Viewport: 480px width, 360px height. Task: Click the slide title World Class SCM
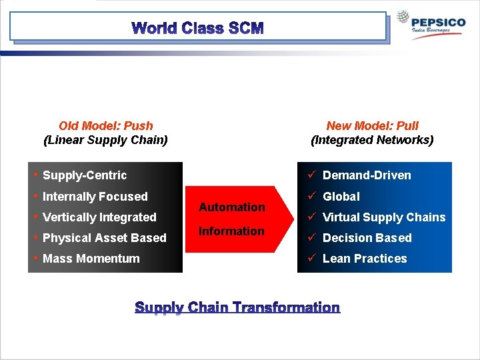pos(198,29)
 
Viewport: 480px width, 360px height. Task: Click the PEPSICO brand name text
pos(439,22)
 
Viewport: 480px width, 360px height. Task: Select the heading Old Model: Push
pos(105,125)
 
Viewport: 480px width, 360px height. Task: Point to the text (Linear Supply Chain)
pos(105,140)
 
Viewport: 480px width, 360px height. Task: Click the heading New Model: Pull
pos(372,125)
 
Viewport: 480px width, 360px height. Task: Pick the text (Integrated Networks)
pos(372,140)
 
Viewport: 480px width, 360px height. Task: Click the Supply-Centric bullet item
pos(84,175)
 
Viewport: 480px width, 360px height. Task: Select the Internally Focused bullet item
pos(95,197)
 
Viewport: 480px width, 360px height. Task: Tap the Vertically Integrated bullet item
pos(99,217)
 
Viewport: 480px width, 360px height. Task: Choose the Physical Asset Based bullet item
pos(104,238)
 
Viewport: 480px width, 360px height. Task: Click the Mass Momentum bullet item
pos(91,259)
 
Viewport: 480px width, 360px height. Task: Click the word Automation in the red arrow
pos(232,207)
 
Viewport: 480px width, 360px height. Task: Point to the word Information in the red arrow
pos(232,231)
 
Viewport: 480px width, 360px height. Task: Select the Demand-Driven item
pos(367,175)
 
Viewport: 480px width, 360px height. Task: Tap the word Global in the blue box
pos(341,197)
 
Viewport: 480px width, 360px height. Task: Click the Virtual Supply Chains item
pos(384,217)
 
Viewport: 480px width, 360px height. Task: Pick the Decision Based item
pos(367,238)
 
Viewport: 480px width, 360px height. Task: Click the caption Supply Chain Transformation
pos(237,307)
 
